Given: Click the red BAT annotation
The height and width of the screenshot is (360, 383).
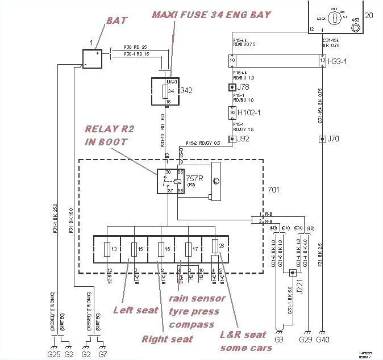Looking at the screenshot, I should [116, 20].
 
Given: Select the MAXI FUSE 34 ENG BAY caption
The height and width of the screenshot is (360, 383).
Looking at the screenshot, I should [211, 14].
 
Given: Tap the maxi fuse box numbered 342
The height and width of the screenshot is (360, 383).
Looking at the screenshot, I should [164, 91].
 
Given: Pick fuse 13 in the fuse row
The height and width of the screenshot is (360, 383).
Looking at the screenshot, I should [111, 249].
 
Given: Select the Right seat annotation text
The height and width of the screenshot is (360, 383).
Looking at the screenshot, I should [167, 339].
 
